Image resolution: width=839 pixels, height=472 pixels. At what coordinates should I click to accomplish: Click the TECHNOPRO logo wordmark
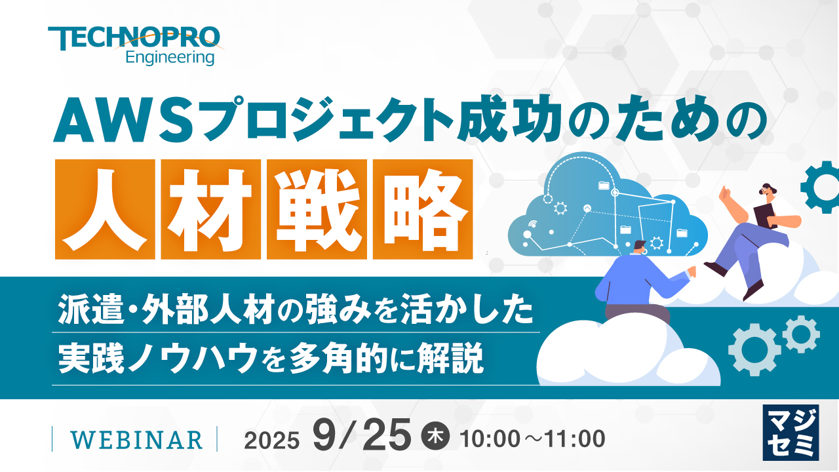tap(134, 38)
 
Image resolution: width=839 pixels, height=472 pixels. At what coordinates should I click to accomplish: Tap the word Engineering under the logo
tap(170, 58)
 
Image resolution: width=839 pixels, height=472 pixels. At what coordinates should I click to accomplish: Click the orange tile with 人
tap(105, 209)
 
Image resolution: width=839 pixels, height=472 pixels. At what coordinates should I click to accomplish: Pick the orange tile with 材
tap(211, 209)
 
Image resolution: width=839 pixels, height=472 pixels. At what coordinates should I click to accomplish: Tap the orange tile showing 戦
tap(317, 209)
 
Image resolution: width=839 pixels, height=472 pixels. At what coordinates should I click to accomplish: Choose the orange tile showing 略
tap(423, 209)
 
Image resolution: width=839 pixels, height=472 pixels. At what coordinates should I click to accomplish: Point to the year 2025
tap(271, 441)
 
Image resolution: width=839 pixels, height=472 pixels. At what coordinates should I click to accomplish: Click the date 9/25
tap(362, 436)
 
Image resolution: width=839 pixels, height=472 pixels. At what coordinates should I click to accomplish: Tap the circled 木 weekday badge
tap(436, 437)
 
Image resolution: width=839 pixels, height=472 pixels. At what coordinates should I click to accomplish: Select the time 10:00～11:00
tap(532, 439)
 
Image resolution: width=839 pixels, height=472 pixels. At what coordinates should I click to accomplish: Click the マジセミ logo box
tap(790, 432)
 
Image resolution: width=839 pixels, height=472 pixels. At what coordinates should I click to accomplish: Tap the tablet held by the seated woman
tap(765, 216)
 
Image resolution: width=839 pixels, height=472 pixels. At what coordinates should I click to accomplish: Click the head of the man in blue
tap(640, 248)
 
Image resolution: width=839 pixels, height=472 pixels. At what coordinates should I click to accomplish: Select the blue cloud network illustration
tap(608, 204)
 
